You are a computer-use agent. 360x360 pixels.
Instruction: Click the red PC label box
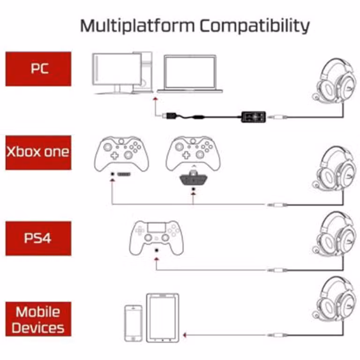[38, 69]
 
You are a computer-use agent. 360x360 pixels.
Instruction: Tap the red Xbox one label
[38, 152]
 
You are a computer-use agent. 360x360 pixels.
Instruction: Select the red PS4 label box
[38, 238]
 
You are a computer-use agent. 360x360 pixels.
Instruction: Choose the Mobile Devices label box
[38, 319]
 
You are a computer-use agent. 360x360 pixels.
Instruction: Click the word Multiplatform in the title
[137, 25]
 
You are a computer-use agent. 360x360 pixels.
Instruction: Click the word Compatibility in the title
[255, 25]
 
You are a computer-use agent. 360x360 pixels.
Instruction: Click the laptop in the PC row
[190, 74]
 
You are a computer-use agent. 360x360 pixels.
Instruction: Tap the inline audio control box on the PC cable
[253, 115]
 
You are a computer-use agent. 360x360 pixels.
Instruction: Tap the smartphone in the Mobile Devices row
[133, 323]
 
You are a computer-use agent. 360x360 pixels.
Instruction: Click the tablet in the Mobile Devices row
[162, 317]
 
